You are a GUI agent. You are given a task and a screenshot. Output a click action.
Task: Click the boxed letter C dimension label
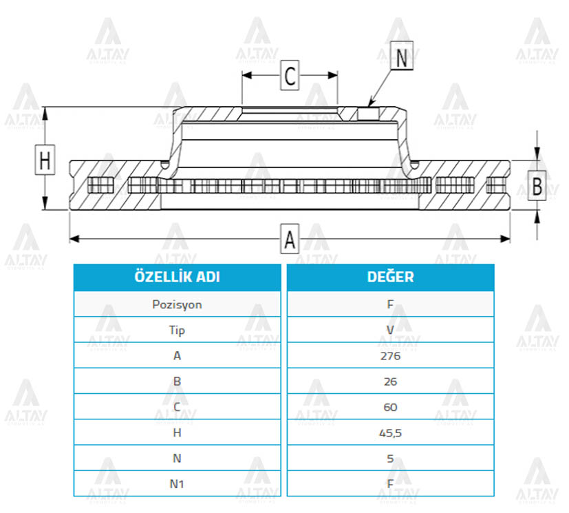[290, 76]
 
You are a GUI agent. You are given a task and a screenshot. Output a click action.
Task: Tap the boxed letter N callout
[402, 56]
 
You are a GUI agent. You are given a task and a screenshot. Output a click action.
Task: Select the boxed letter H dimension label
[45, 160]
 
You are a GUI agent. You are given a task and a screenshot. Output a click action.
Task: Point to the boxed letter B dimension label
[537, 185]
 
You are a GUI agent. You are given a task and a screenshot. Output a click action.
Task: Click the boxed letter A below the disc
[290, 239]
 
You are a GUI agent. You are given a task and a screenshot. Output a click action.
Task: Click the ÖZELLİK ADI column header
[177, 277]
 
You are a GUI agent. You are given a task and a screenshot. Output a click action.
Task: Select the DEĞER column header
[391, 277]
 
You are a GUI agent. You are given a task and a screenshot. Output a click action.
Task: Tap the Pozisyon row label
[177, 304]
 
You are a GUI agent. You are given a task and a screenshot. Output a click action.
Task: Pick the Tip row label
[177, 330]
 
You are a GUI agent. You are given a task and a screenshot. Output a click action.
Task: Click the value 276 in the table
[391, 356]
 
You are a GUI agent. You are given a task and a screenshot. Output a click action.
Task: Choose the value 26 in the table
[391, 381]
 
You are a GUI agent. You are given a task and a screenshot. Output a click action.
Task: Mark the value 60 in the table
[391, 407]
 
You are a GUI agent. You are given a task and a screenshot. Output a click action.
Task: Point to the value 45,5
[391, 432]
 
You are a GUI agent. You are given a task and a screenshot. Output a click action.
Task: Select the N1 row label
[177, 484]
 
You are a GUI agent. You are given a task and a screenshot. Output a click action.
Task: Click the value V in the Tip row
[391, 330]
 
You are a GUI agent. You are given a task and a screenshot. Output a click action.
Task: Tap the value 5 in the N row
[391, 459]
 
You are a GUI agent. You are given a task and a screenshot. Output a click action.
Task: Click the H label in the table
[177, 432]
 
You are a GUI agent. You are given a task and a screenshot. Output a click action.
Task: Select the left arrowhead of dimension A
[74, 239]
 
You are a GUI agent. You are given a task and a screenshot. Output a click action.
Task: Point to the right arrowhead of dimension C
[333, 75]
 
